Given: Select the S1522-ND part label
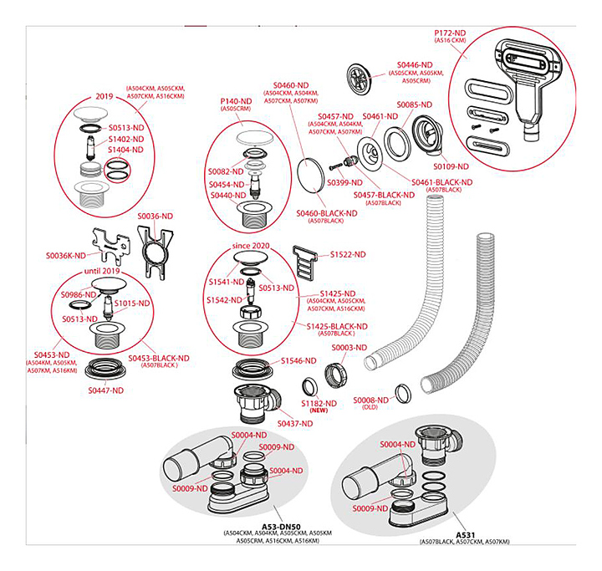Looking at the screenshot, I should tap(349, 253).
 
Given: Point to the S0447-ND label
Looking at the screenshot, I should tap(106, 390).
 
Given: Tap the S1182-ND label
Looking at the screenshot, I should tap(319, 404).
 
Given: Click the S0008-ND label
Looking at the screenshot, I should tap(371, 400).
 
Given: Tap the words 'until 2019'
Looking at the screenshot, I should tap(105, 273).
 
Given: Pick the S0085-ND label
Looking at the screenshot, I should tap(415, 105).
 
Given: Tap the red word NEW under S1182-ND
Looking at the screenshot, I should tap(319, 412).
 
